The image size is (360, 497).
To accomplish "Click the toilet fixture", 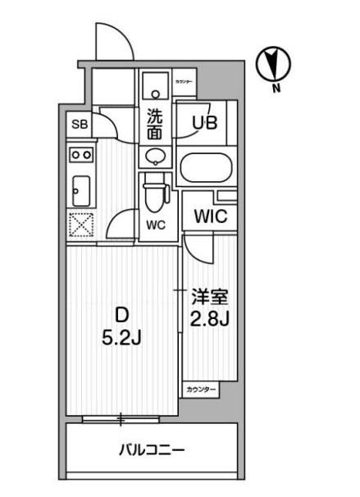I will click(154, 195).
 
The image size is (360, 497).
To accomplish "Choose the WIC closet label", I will click(210, 217).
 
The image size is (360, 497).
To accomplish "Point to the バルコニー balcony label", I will click(151, 449).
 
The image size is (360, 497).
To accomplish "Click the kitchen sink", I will click(80, 191).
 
